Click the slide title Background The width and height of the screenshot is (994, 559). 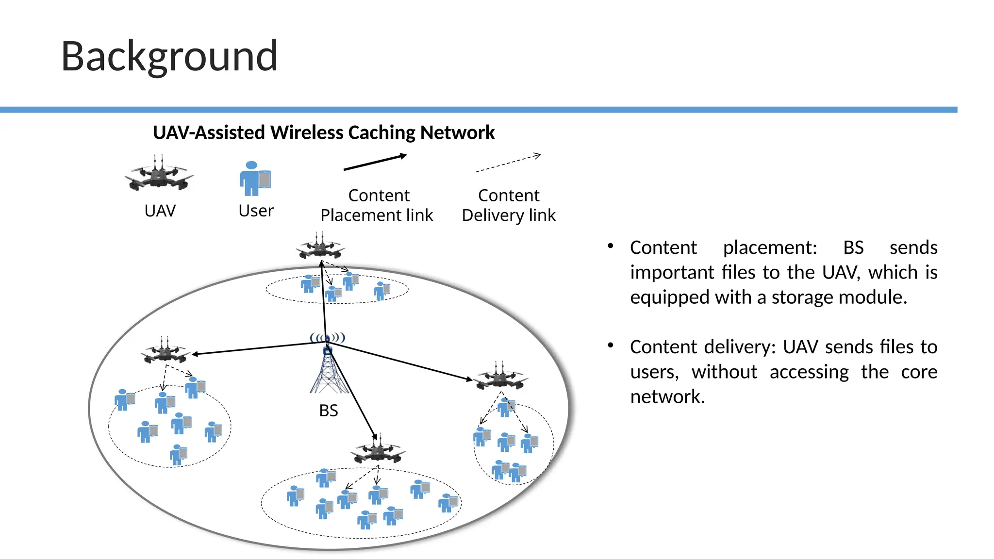pos(169,57)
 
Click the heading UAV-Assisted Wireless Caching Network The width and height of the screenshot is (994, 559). pos(324,132)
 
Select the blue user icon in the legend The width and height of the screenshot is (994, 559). pos(254,179)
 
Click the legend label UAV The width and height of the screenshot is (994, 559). pos(160,211)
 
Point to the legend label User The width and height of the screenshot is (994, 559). pos(256,211)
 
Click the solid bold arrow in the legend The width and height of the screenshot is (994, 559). pos(375,162)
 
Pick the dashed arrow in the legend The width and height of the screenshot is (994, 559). pos(508,163)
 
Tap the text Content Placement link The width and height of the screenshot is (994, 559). pos(377,205)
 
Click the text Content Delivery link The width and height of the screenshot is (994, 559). pos(509,205)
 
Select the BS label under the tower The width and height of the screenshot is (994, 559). pos(329,411)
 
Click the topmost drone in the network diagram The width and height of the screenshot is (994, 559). pos(320,247)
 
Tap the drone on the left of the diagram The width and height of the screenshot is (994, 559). pos(166,351)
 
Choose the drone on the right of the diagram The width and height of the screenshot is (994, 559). pos(501,377)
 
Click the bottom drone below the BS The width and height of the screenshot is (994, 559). pos(378,450)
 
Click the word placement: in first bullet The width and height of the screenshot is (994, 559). pos(770,248)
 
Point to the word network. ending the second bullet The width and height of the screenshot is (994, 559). pos(667,397)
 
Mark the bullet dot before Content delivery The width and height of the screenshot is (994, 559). pos(611,345)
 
